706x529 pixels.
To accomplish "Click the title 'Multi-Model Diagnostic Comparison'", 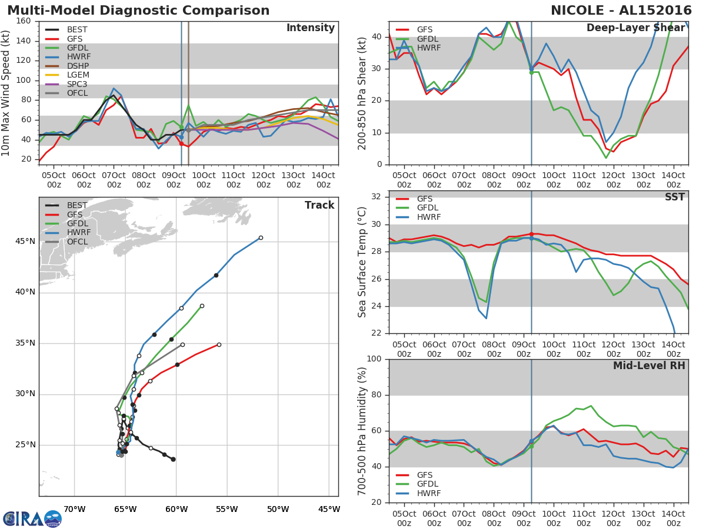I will click(138, 11).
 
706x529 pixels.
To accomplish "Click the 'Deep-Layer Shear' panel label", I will click(635, 28).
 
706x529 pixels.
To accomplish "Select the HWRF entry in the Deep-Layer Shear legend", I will click(428, 48).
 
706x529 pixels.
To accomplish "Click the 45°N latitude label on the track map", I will click(25, 242).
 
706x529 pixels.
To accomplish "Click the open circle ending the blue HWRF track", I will click(261, 238).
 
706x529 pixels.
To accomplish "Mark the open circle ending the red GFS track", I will click(219, 344).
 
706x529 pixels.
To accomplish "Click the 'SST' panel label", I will click(674, 197).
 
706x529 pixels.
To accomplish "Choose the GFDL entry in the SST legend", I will click(428, 208).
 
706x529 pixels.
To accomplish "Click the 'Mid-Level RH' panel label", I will click(649, 366).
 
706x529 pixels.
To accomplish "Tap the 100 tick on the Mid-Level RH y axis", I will click(374, 359).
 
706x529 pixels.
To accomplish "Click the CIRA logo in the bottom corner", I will click(32, 518).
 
